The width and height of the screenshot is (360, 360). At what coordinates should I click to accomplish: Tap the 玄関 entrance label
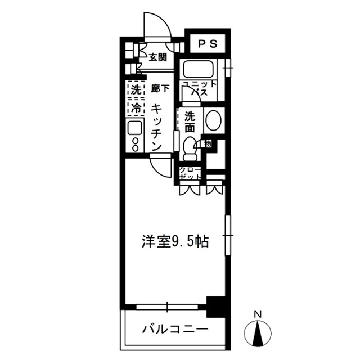pyautogui.click(x=159, y=57)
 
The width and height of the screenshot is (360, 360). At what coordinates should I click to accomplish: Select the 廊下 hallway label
pyautogui.click(x=159, y=88)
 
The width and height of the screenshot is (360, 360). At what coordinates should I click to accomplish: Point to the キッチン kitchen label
pyautogui.click(x=158, y=127)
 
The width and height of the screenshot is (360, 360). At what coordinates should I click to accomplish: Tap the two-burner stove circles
pyautogui.click(x=136, y=144)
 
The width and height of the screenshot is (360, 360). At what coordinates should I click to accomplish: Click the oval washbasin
pyautogui.click(x=212, y=119)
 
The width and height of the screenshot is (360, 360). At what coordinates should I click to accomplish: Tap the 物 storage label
pyautogui.click(x=208, y=143)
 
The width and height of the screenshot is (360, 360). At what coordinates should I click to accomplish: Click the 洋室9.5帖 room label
pyautogui.click(x=174, y=242)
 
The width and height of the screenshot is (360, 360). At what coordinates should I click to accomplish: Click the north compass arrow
pyautogui.click(x=258, y=332)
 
